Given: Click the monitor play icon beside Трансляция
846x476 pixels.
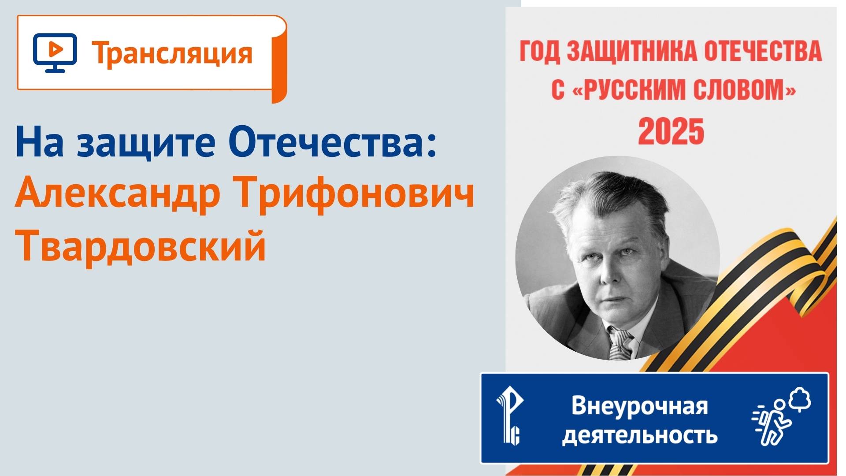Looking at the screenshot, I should (x=55, y=52).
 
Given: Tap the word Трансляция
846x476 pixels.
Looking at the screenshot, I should (x=172, y=54).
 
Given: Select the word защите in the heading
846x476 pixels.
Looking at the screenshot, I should (x=146, y=144).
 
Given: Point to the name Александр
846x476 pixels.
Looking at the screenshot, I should (x=117, y=195).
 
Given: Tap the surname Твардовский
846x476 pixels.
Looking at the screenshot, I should (x=141, y=245).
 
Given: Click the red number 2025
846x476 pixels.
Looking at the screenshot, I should (x=671, y=131).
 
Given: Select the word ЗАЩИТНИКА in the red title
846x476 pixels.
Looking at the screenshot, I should (x=632, y=52).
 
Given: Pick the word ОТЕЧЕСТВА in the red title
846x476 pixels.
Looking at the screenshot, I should (x=763, y=52).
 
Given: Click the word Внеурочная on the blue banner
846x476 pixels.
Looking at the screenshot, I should (x=639, y=405).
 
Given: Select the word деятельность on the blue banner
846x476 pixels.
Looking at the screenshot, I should (x=639, y=435).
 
